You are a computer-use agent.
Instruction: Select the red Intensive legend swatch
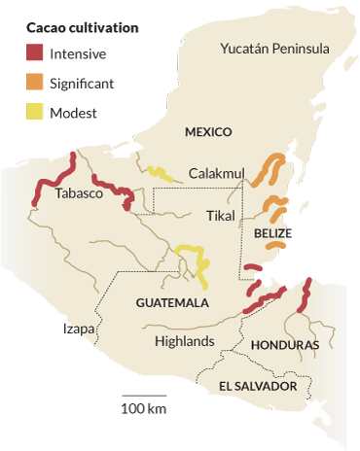(x=36, y=54)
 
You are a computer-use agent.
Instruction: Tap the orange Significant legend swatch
(x=36, y=84)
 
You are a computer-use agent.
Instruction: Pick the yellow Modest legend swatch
(x=36, y=113)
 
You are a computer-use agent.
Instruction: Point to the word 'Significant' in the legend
(x=89, y=84)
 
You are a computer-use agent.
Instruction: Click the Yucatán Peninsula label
(x=274, y=49)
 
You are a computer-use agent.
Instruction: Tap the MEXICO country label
(x=207, y=131)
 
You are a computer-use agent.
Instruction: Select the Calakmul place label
(x=216, y=172)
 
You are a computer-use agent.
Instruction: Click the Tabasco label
(x=79, y=193)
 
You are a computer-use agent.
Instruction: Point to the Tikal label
(x=222, y=215)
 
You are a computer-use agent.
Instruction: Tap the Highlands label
(x=184, y=341)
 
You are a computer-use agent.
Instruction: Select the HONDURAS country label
(x=284, y=345)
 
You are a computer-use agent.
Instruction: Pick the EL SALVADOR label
(x=257, y=387)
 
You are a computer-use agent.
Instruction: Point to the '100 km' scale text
(x=143, y=407)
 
